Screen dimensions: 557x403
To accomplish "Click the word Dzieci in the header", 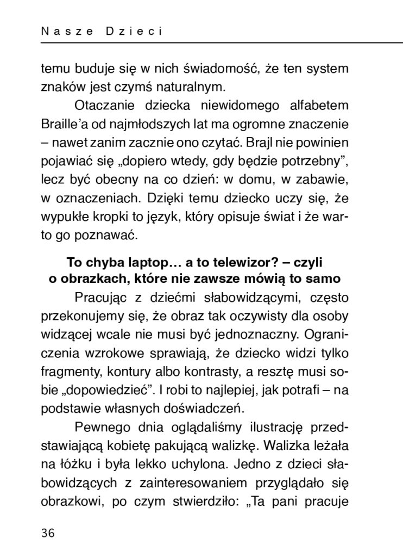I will coord(131,32).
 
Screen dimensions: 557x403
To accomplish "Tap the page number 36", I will coord(48,534).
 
